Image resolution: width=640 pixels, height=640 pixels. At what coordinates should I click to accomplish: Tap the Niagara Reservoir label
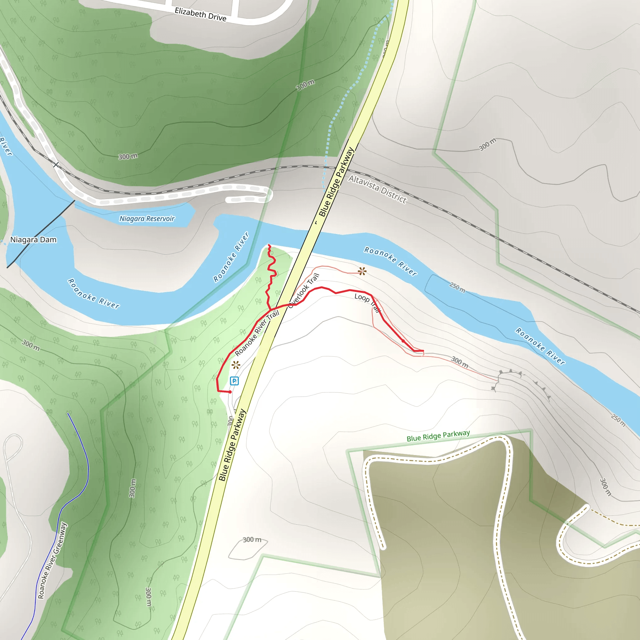click(147, 219)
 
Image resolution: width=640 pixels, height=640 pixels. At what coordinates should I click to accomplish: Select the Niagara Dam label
click(33, 239)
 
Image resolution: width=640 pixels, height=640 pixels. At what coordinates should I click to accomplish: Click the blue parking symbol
click(234, 381)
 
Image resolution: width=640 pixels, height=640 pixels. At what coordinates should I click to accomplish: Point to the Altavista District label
click(377, 189)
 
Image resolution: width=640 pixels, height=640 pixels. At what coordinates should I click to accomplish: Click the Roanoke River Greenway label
click(52, 561)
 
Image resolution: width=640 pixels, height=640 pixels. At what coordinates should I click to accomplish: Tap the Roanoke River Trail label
click(257, 333)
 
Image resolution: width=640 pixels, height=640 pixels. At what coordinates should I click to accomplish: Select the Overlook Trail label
click(303, 291)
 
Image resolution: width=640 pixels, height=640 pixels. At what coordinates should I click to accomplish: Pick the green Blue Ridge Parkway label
click(438, 436)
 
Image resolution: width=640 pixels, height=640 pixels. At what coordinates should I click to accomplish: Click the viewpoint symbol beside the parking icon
click(236, 365)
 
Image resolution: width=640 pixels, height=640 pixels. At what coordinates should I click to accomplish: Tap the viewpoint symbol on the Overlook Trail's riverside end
click(362, 272)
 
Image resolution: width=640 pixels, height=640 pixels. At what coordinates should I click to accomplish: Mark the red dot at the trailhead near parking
click(230, 392)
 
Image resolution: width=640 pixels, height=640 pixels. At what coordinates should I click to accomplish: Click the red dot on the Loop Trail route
click(403, 341)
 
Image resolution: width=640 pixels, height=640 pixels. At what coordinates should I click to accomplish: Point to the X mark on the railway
click(56, 165)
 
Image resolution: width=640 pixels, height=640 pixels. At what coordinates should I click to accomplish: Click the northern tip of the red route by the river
click(269, 245)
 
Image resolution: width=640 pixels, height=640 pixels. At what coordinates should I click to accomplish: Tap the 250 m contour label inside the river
click(457, 287)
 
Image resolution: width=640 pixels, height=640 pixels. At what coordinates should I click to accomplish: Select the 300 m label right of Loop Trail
click(460, 362)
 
